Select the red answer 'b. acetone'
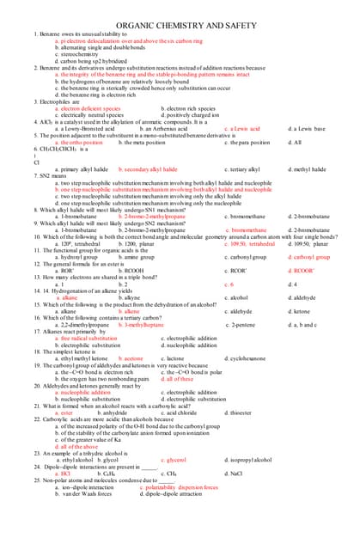point(128,358)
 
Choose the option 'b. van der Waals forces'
point(84,494)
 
